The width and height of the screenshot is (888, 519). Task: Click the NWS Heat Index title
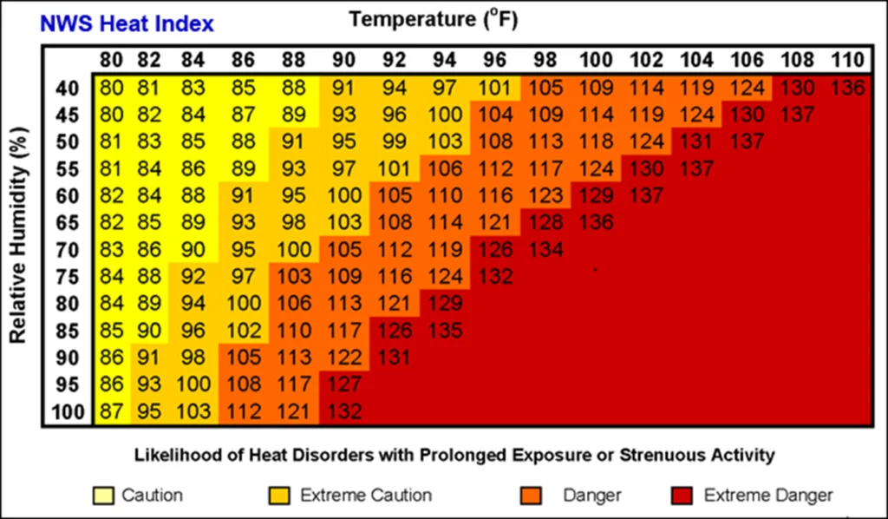[x=127, y=23]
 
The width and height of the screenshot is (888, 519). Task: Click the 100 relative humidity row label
[x=69, y=411]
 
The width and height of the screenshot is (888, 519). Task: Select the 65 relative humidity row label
[x=69, y=222]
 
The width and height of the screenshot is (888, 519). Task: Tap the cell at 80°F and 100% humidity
[x=111, y=411]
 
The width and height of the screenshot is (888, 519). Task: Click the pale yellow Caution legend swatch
[x=102, y=496]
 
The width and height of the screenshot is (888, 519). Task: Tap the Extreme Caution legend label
[x=365, y=496]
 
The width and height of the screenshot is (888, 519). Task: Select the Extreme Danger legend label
[x=767, y=496]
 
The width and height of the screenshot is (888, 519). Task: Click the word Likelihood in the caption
[x=169, y=454]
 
